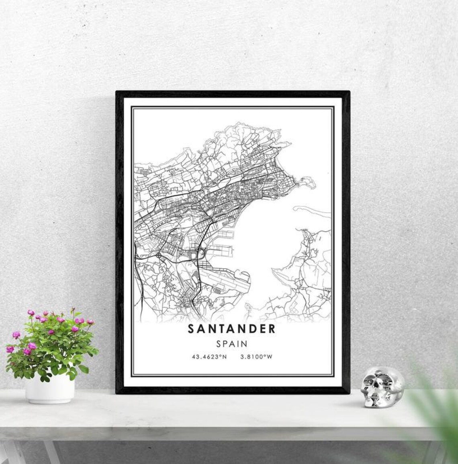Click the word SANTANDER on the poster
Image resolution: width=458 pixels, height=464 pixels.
coord(231,329)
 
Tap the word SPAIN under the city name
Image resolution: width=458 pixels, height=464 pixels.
coord(231,344)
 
